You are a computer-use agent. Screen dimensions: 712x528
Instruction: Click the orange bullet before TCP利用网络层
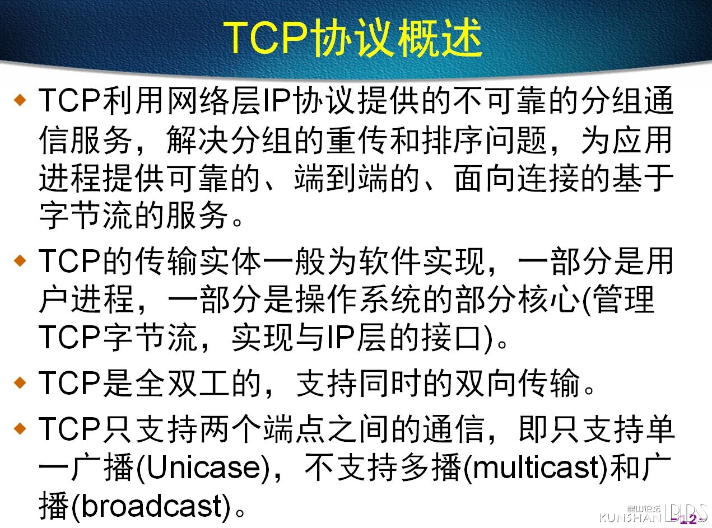(x=20, y=100)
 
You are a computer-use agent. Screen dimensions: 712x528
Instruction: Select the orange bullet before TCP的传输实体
(x=20, y=260)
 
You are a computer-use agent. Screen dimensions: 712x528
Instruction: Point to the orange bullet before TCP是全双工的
(x=20, y=382)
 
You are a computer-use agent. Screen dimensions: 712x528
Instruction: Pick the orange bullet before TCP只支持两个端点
(x=20, y=428)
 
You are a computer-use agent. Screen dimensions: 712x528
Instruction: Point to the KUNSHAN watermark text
(x=630, y=517)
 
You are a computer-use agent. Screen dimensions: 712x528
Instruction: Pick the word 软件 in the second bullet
(x=389, y=260)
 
